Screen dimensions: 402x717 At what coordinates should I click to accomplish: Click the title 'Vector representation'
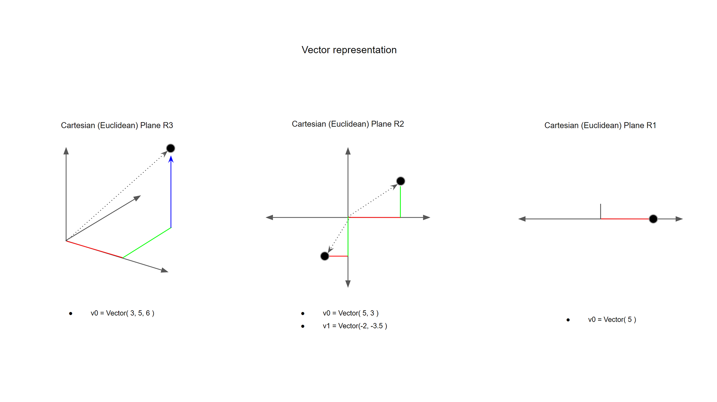click(349, 50)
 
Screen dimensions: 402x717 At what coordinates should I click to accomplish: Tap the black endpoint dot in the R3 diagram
click(171, 148)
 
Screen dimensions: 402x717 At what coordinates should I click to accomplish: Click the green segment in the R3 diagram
click(147, 242)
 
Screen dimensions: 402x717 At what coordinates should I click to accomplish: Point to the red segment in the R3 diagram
click(94, 249)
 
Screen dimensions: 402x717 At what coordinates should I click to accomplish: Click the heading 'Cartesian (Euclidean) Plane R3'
click(117, 126)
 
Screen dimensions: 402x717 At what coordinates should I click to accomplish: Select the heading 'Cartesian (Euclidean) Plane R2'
click(348, 124)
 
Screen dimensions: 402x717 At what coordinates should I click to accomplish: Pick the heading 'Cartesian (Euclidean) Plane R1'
click(600, 126)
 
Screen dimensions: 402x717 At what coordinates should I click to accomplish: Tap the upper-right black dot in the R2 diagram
click(400, 181)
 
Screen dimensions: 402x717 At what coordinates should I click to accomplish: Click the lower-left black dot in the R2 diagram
click(325, 256)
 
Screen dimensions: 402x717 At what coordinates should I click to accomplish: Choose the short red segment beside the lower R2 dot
click(338, 256)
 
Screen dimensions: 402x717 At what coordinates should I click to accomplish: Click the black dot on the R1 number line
click(653, 219)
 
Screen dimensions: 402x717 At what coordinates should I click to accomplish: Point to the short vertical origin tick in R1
click(600, 211)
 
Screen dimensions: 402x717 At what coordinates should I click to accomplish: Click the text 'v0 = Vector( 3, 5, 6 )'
click(122, 313)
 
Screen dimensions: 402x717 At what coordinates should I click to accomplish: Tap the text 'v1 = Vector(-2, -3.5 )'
click(355, 326)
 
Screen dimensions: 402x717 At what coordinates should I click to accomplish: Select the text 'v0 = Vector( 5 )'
click(612, 320)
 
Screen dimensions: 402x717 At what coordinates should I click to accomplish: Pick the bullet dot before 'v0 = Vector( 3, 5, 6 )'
click(71, 313)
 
